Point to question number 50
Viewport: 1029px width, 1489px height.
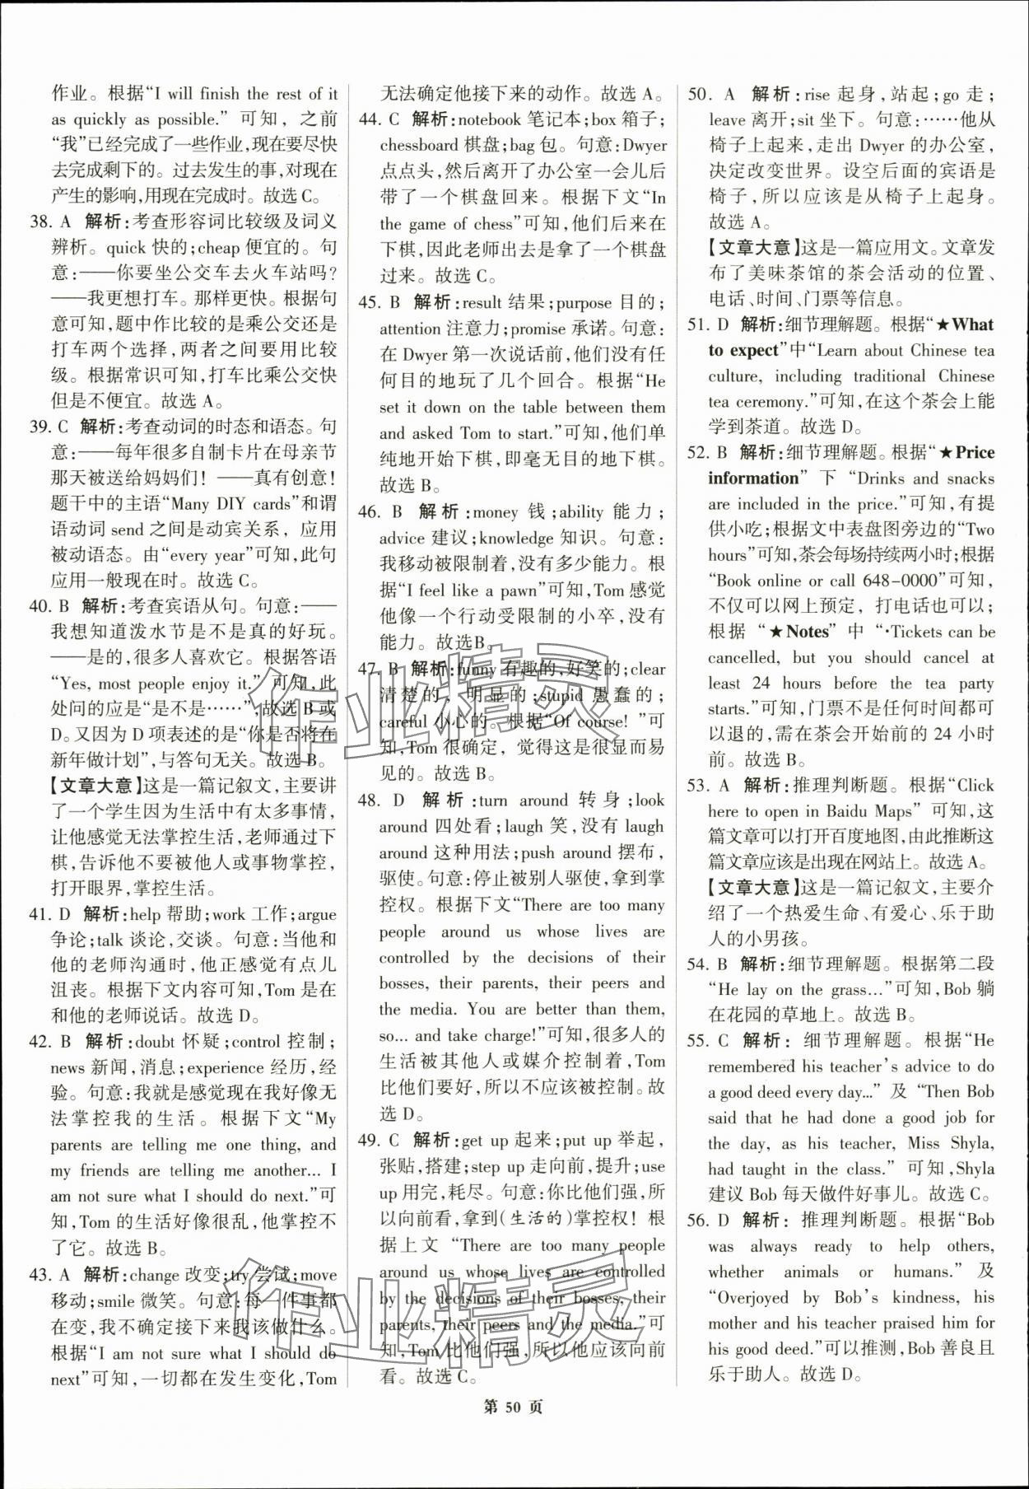698,93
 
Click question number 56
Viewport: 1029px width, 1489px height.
698,1220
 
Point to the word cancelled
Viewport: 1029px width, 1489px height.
743,657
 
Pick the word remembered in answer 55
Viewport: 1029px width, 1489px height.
752,1066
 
